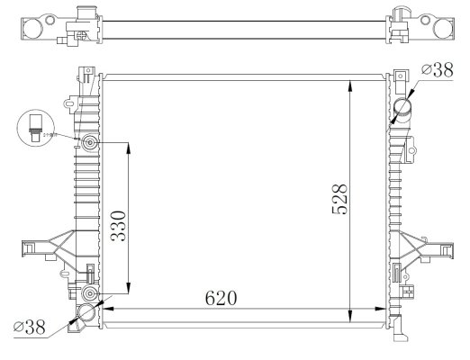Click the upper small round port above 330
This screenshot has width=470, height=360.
click(x=89, y=145)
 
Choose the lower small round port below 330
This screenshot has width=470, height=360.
click(x=89, y=294)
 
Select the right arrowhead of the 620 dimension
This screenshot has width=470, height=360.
click(x=383, y=308)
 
